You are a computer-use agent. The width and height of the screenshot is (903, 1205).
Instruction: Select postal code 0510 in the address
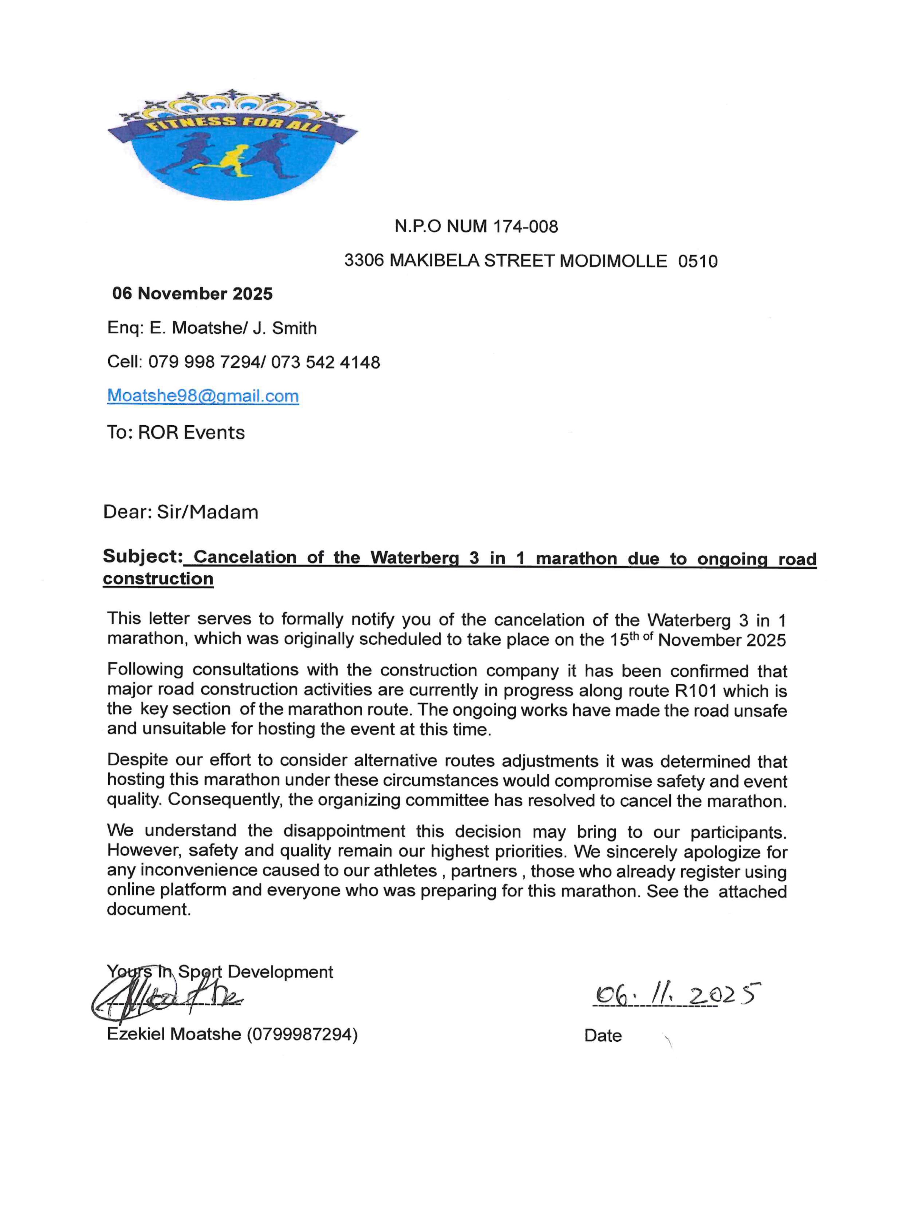pyautogui.click(x=698, y=261)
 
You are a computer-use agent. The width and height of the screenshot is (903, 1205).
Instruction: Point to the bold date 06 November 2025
pyautogui.click(x=192, y=294)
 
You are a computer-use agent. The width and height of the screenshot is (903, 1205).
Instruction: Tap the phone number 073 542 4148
pyautogui.click(x=325, y=362)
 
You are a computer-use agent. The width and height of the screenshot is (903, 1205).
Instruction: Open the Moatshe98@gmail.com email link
pyautogui.click(x=203, y=396)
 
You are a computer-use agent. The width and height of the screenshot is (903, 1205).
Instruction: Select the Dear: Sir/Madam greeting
pyautogui.click(x=180, y=512)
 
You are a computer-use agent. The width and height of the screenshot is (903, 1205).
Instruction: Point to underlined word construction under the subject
pyautogui.click(x=158, y=578)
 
